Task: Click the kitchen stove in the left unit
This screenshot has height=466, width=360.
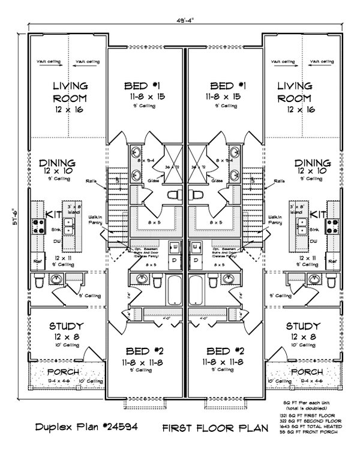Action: [38, 226]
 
